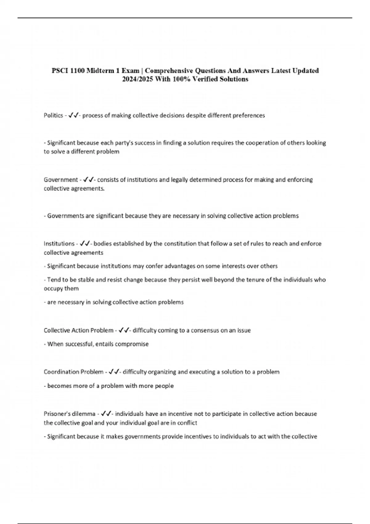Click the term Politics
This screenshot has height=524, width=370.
coord(53,116)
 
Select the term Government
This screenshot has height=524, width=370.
coord(61,180)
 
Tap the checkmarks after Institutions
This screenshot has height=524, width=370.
coord(84,244)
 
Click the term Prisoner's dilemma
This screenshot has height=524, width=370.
coord(69,414)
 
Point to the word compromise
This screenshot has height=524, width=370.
coord(133,344)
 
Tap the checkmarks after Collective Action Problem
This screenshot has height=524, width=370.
coord(123,330)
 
